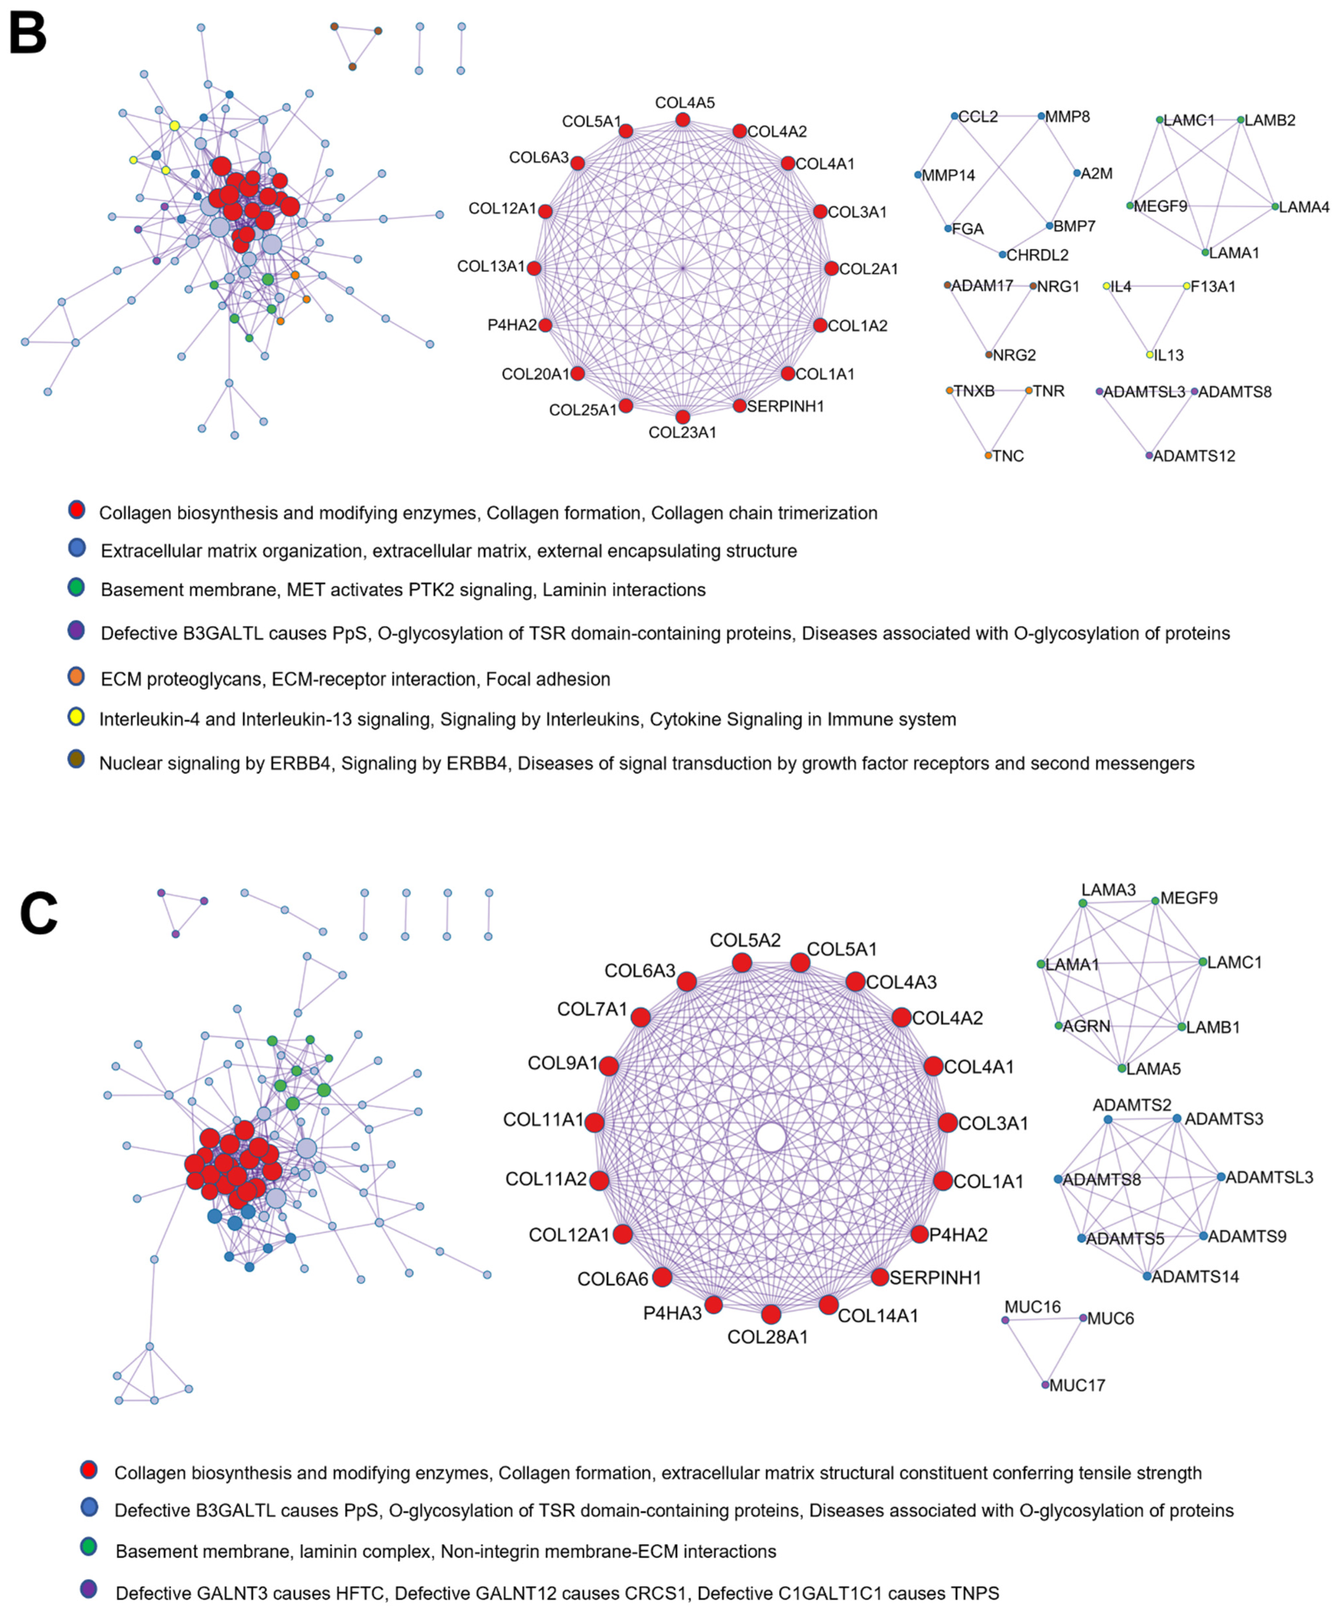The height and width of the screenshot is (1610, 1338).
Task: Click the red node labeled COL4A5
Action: click(x=682, y=120)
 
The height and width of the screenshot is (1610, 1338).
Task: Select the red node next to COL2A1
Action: click(x=831, y=268)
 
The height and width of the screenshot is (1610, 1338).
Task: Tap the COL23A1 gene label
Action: click(x=682, y=433)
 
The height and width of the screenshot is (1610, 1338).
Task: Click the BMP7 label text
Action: click(x=1074, y=226)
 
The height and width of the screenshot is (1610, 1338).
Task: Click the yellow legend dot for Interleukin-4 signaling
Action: click(x=76, y=718)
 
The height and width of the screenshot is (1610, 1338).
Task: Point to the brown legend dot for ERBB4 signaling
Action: click(x=76, y=761)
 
